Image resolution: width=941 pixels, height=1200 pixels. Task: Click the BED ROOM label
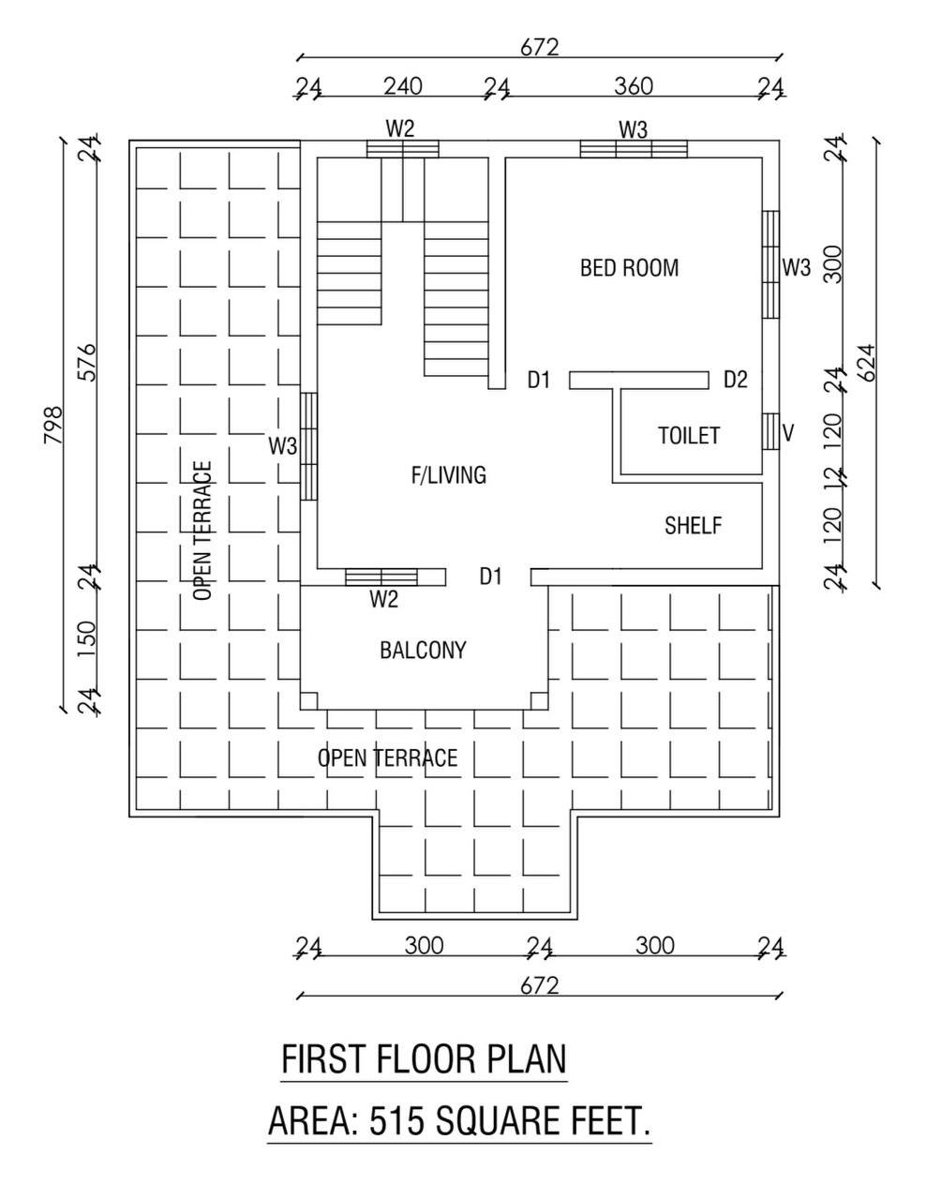coord(629,268)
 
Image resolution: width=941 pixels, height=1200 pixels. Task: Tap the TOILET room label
coord(689,436)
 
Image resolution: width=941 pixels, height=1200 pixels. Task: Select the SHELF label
coord(693,525)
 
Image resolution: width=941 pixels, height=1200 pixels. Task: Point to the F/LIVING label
coord(449,475)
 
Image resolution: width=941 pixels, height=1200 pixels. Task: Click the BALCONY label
coord(423,650)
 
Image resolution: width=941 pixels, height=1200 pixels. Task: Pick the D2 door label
coord(735,380)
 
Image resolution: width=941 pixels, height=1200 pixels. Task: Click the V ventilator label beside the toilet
coord(788,433)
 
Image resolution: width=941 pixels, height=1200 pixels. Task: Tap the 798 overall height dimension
coord(53,426)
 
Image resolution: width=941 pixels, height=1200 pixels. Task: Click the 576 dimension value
coord(86,363)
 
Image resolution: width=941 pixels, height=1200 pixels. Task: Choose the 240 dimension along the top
coord(403,86)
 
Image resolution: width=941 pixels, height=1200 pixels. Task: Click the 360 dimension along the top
coord(634,86)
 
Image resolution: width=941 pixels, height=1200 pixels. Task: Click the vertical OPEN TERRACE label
coord(202,531)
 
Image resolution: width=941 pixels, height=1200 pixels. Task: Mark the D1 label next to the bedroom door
coord(539,380)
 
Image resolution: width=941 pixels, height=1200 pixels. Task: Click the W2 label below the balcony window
coord(384,599)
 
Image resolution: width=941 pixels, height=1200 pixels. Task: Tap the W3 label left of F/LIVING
coord(282,446)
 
